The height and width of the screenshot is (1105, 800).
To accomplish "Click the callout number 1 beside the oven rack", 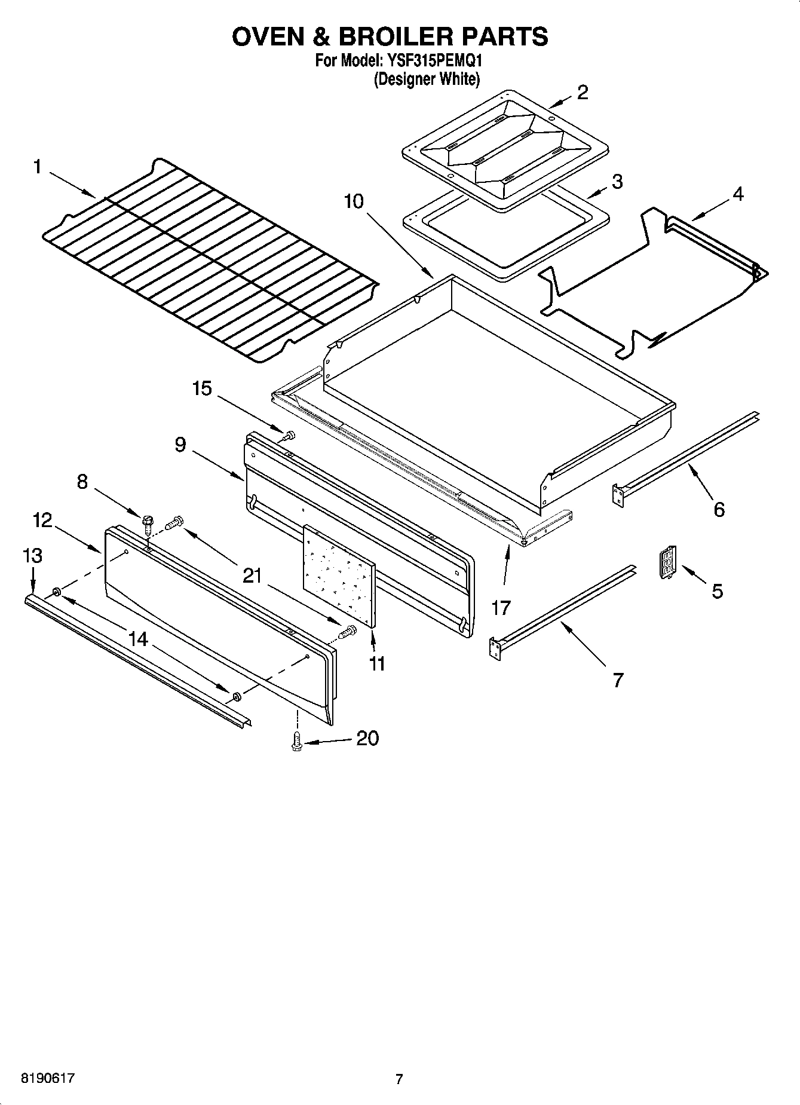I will (37, 167).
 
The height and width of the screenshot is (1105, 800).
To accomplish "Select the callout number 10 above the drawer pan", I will (354, 201).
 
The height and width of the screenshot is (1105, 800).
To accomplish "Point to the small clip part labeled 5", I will (667, 562).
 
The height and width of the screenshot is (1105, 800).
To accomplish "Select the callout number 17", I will (501, 608).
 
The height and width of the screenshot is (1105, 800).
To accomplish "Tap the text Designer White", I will (427, 79).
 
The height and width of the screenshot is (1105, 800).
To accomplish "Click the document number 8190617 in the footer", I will (48, 1078).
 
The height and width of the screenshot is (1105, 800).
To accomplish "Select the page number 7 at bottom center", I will (399, 1079).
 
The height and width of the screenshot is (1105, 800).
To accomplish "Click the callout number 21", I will (253, 576).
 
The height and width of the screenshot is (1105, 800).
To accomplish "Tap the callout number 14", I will (138, 639).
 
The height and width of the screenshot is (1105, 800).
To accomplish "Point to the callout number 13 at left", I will (32, 556).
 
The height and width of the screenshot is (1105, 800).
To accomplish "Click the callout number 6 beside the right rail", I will (719, 510).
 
